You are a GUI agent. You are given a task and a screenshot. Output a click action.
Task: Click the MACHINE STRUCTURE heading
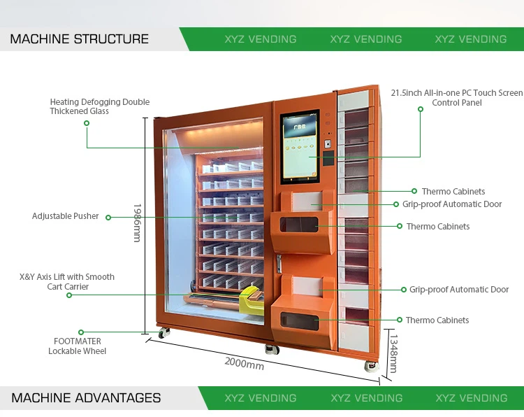coord(79,39)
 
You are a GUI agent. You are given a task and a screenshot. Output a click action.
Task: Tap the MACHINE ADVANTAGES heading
coord(86,398)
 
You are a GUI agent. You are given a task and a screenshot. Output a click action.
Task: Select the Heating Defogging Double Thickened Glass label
coord(100,106)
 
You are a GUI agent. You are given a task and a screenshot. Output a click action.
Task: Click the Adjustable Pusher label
coord(66,216)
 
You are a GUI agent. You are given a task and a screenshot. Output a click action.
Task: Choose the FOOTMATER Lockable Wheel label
coord(78,346)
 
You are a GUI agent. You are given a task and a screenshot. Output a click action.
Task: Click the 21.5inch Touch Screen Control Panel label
coord(457,97)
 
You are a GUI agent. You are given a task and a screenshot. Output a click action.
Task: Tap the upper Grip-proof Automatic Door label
coord(452,204)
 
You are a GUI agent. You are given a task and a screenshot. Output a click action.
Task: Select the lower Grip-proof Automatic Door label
coord(459,290)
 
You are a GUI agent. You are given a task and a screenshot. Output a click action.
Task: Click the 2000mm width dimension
coord(244,363)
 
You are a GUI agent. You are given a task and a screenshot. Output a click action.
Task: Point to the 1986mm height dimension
coord(137,222)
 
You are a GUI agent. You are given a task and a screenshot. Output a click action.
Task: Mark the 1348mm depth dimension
coord(392,353)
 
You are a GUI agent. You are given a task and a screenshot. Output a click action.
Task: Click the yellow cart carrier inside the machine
coord(249,302)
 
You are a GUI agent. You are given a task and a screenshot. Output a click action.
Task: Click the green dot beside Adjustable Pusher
coord(108,217)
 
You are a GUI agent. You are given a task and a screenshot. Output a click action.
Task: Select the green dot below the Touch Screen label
coord(421,109)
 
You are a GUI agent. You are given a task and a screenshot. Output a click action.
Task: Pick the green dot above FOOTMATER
coord(81,332)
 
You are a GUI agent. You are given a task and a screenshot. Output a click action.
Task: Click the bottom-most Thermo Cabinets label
coord(437,320)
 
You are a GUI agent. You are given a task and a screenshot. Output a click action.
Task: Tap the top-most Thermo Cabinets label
coord(453,191)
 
